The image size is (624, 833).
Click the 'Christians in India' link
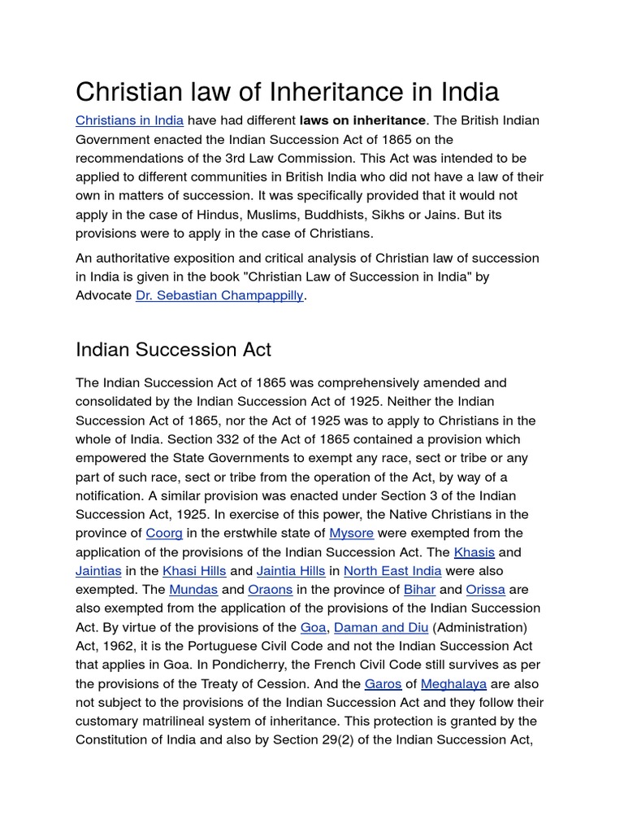pyautogui.click(x=129, y=120)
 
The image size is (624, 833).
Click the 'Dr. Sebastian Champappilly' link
pyautogui.click(x=219, y=295)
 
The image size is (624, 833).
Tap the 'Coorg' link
pyautogui.click(x=164, y=533)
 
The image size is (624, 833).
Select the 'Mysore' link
pyautogui.click(x=351, y=533)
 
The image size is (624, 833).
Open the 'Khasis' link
pyautogui.click(x=474, y=552)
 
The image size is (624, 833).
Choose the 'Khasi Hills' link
pyautogui.click(x=194, y=570)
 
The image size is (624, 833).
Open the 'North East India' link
pyautogui.click(x=392, y=570)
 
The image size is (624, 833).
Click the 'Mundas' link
pyautogui.click(x=193, y=589)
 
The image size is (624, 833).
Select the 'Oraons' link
pyautogui.click(x=270, y=589)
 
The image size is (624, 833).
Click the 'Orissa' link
pyautogui.click(x=486, y=589)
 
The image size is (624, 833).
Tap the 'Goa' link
pyautogui.click(x=313, y=627)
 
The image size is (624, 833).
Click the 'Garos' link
pyautogui.click(x=383, y=683)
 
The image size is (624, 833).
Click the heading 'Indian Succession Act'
pyautogui.click(x=173, y=350)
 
